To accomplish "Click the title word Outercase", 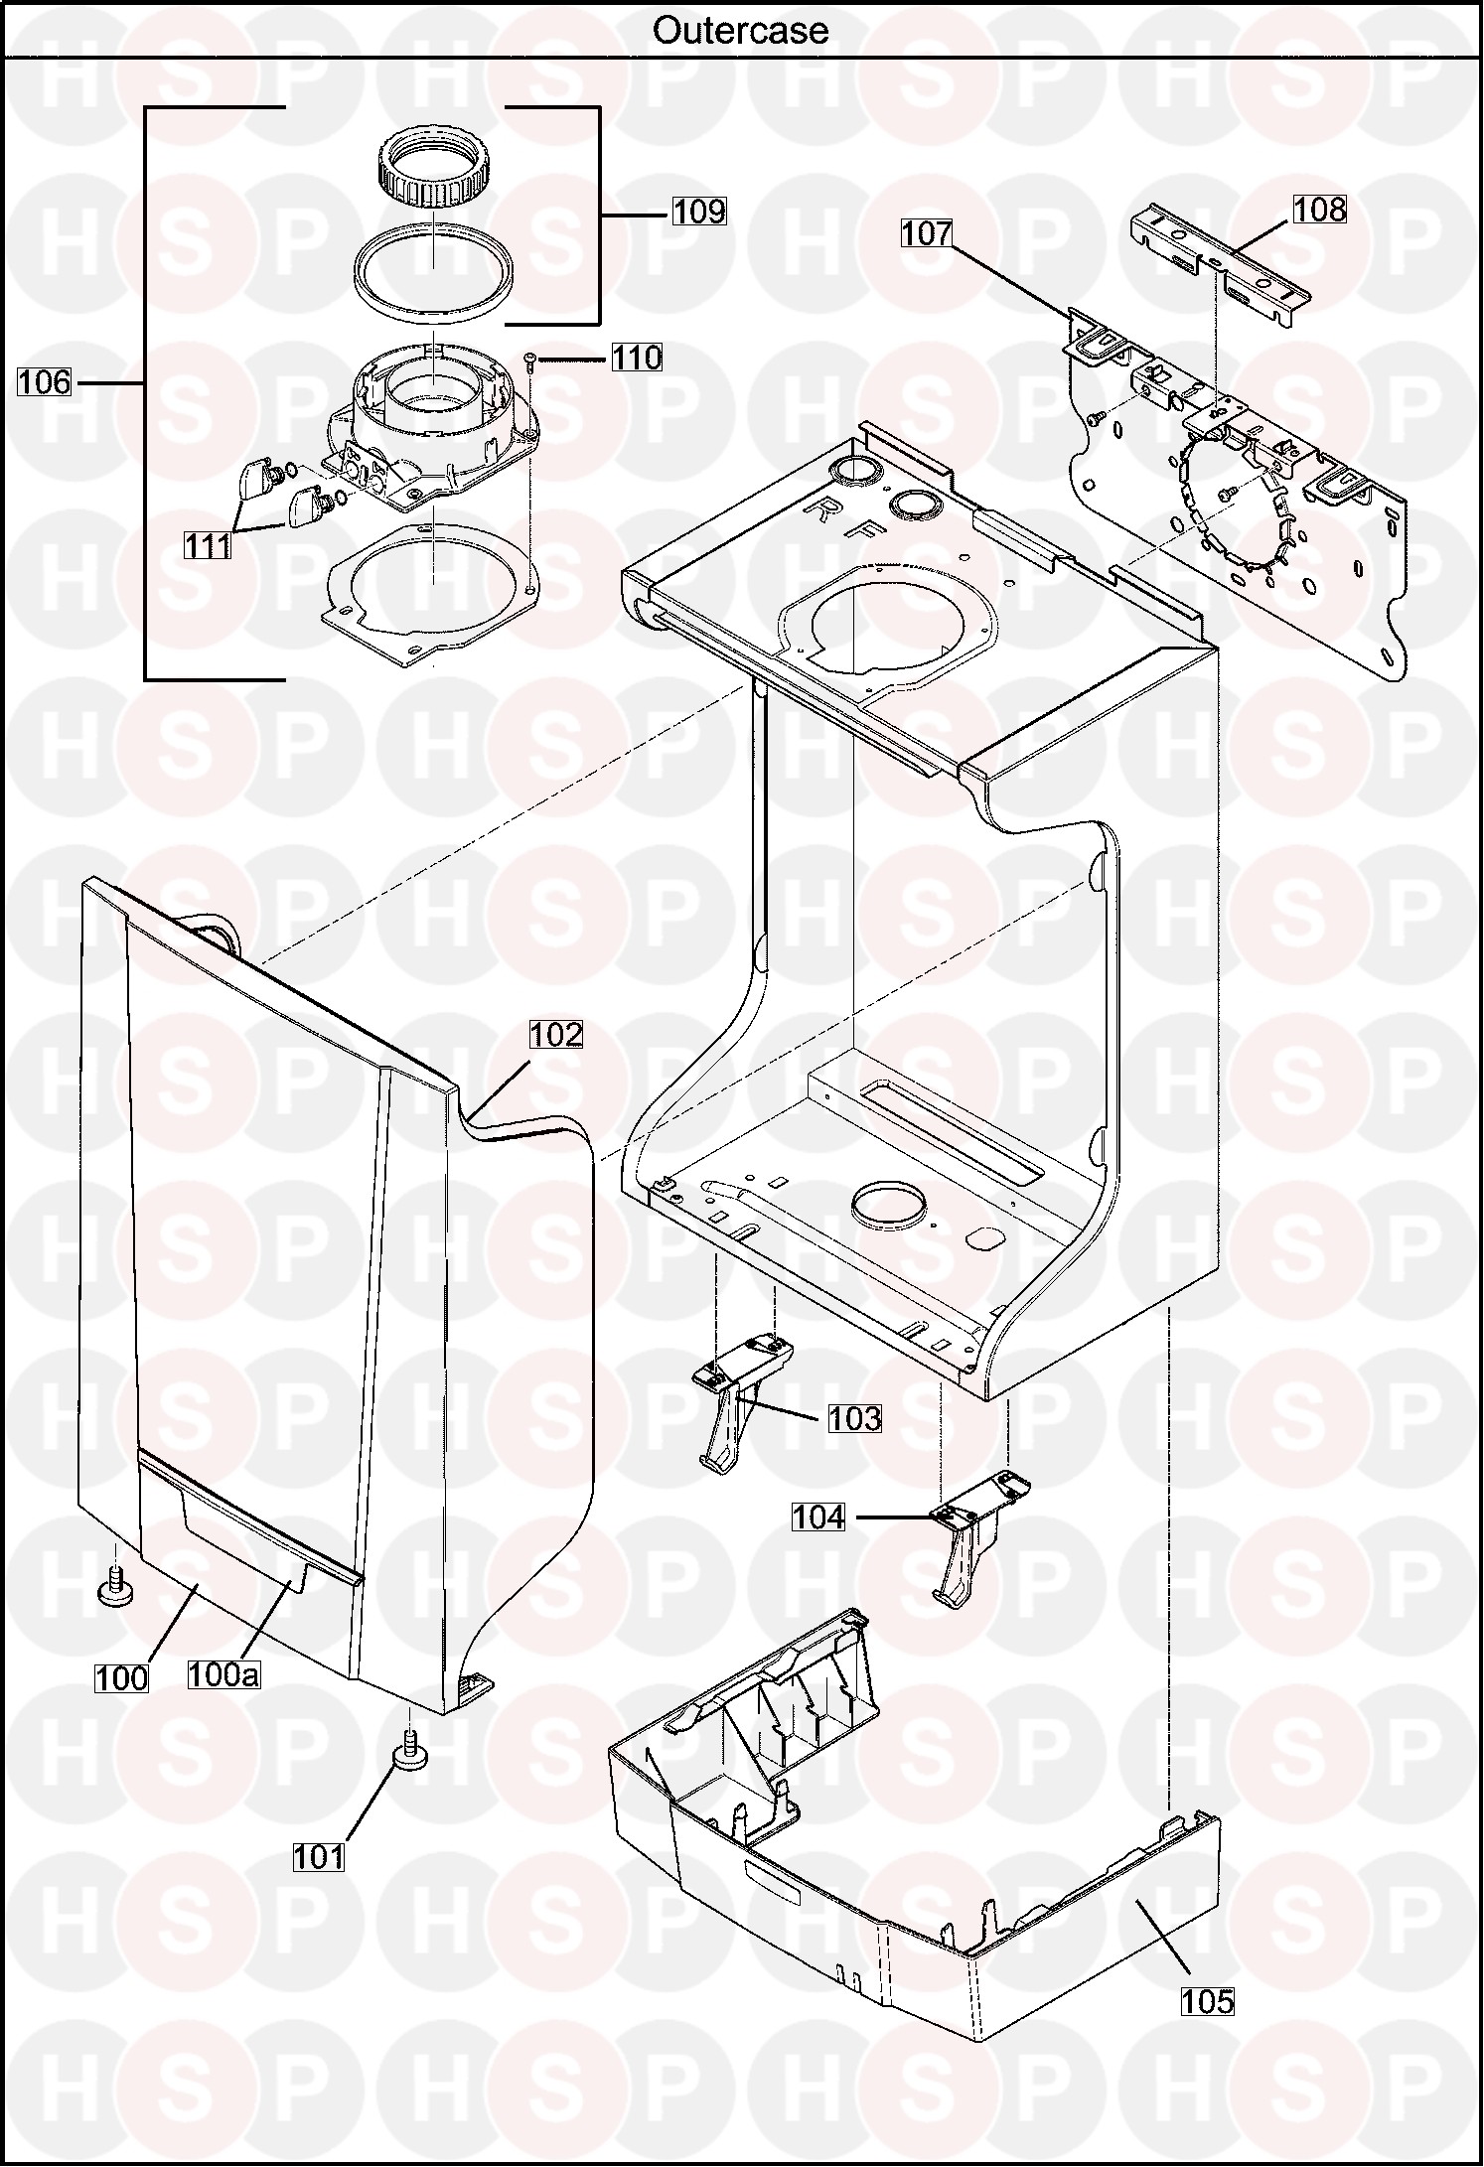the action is (740, 30).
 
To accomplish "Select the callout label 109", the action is (699, 212).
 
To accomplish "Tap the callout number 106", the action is (45, 381).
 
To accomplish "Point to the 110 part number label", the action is (636, 358).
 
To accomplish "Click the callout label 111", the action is (208, 545).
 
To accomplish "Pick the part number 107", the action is (927, 233).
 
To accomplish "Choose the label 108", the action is (1320, 210).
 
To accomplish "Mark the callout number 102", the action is (555, 1035).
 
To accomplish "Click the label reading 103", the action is (855, 1418).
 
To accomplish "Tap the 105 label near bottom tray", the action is (1208, 2001).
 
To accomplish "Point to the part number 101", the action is (319, 1857).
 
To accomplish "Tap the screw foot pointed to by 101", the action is (408, 1755).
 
